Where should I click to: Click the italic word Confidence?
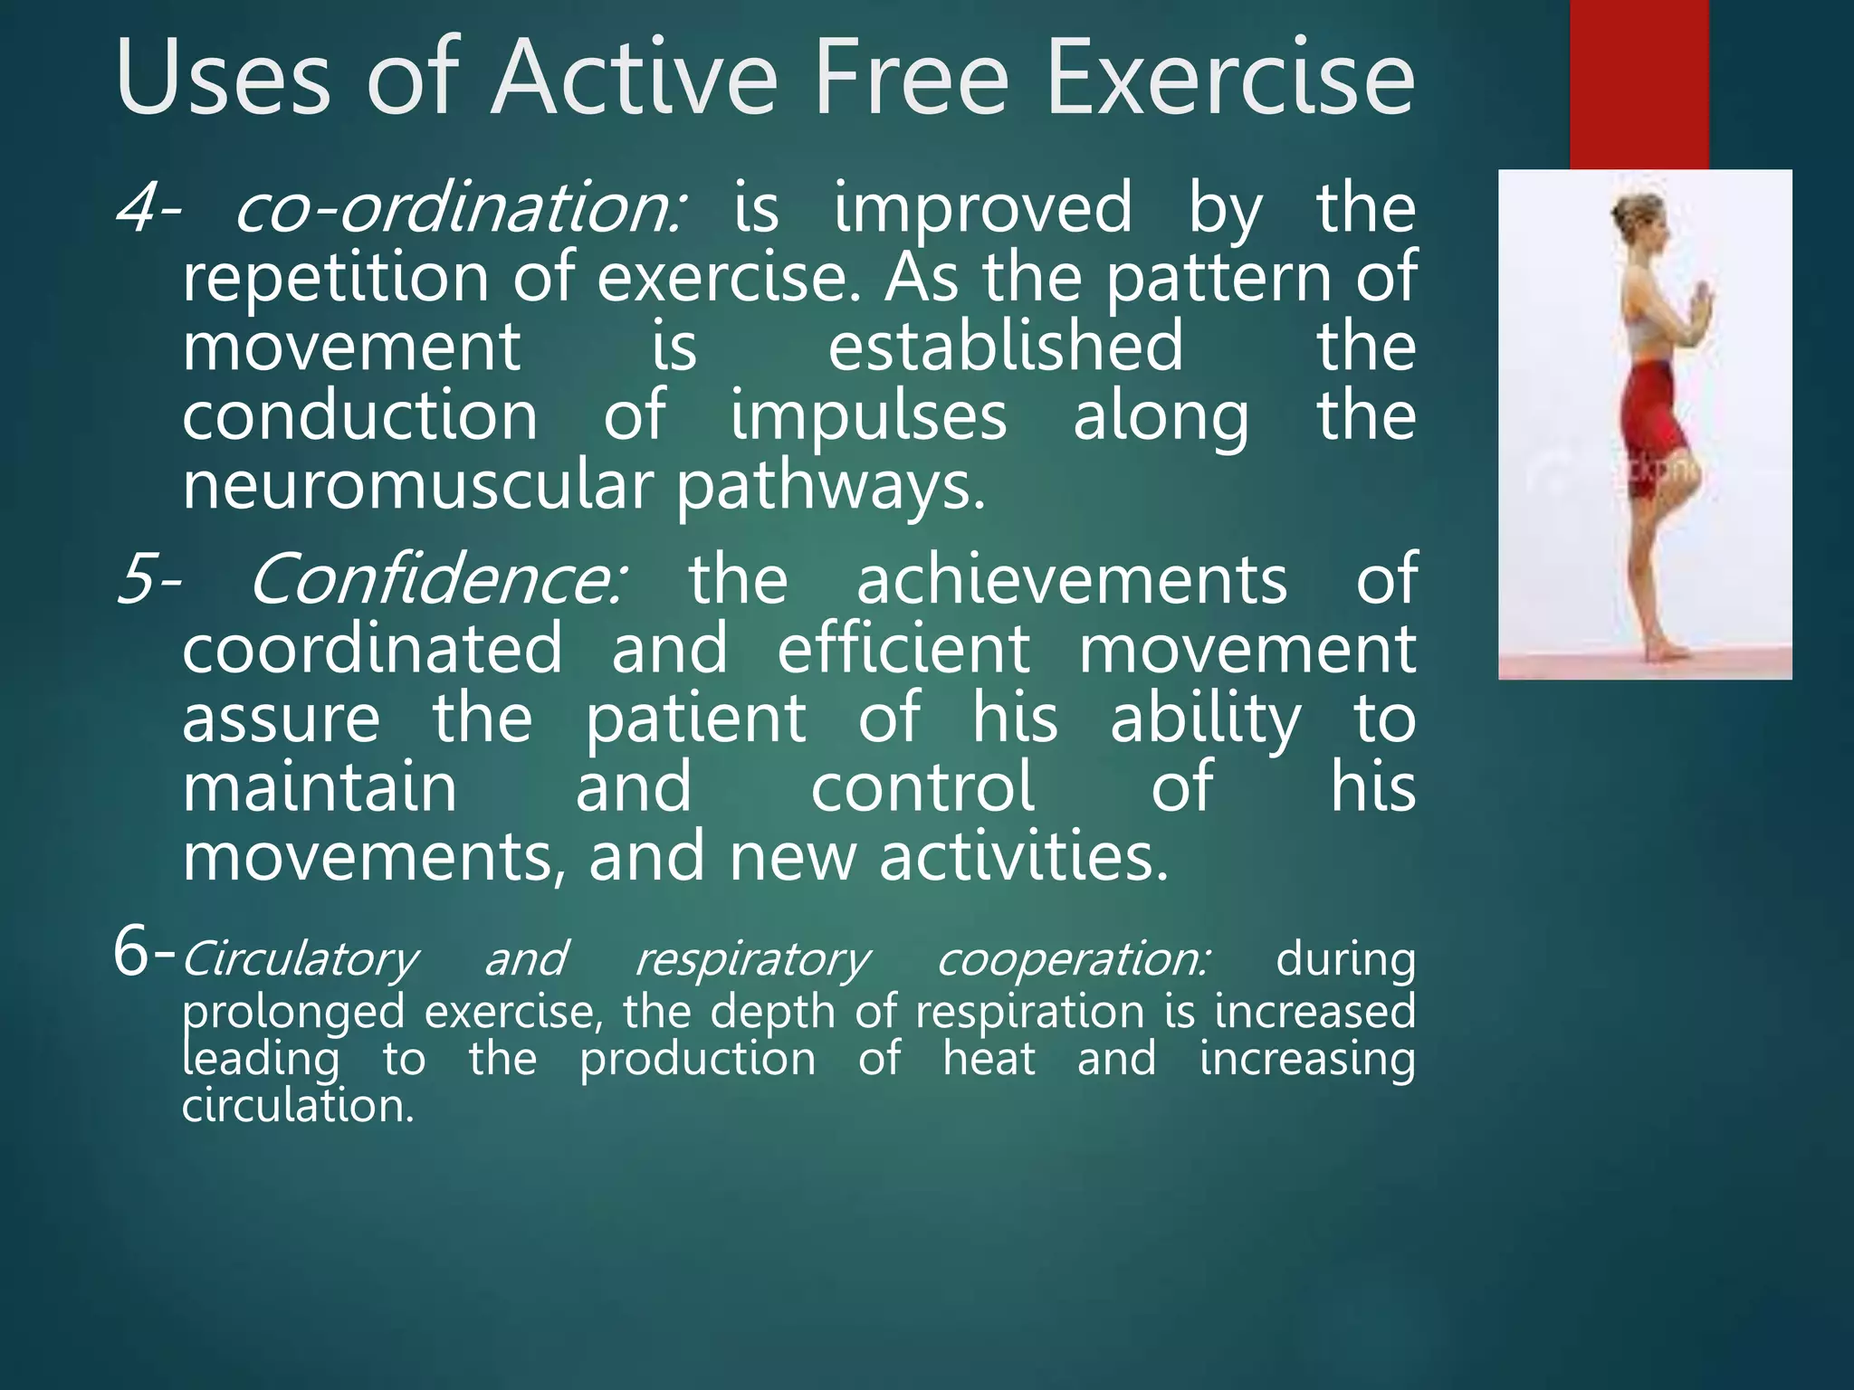[436, 579]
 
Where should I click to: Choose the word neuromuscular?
[417, 487]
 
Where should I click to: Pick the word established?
[1006, 346]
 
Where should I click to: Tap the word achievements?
[1072, 579]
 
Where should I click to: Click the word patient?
[695, 720]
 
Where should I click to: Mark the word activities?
[1024, 856]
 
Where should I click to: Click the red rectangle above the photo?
[1639, 85]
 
